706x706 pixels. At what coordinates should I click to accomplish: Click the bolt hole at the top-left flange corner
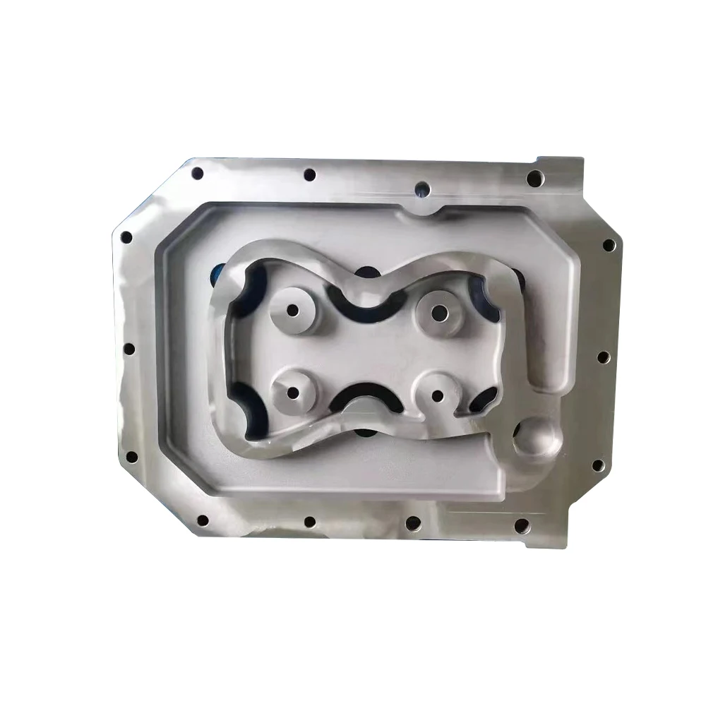click(197, 173)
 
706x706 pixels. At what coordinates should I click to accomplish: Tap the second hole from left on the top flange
click(309, 174)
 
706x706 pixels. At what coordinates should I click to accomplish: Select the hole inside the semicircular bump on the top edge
click(422, 189)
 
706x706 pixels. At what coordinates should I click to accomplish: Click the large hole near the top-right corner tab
click(534, 178)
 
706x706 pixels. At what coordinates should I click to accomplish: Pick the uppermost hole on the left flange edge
click(126, 237)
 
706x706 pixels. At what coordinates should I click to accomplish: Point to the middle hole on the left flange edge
click(129, 349)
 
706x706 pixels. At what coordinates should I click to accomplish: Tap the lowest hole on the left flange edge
click(131, 457)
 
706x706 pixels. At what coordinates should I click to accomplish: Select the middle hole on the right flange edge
click(604, 357)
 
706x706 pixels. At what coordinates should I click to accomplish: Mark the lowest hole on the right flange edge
click(597, 465)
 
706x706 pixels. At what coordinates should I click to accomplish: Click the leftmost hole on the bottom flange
click(203, 520)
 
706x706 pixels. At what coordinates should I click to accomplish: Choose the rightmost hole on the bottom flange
click(522, 526)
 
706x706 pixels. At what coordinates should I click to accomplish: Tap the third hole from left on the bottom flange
click(413, 524)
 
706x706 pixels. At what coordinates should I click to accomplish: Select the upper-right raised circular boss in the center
click(440, 312)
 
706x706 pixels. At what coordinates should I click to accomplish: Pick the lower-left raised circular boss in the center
click(292, 393)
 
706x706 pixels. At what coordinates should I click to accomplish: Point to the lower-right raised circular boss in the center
click(437, 395)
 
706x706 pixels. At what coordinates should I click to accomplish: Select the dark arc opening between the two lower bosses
click(365, 397)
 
